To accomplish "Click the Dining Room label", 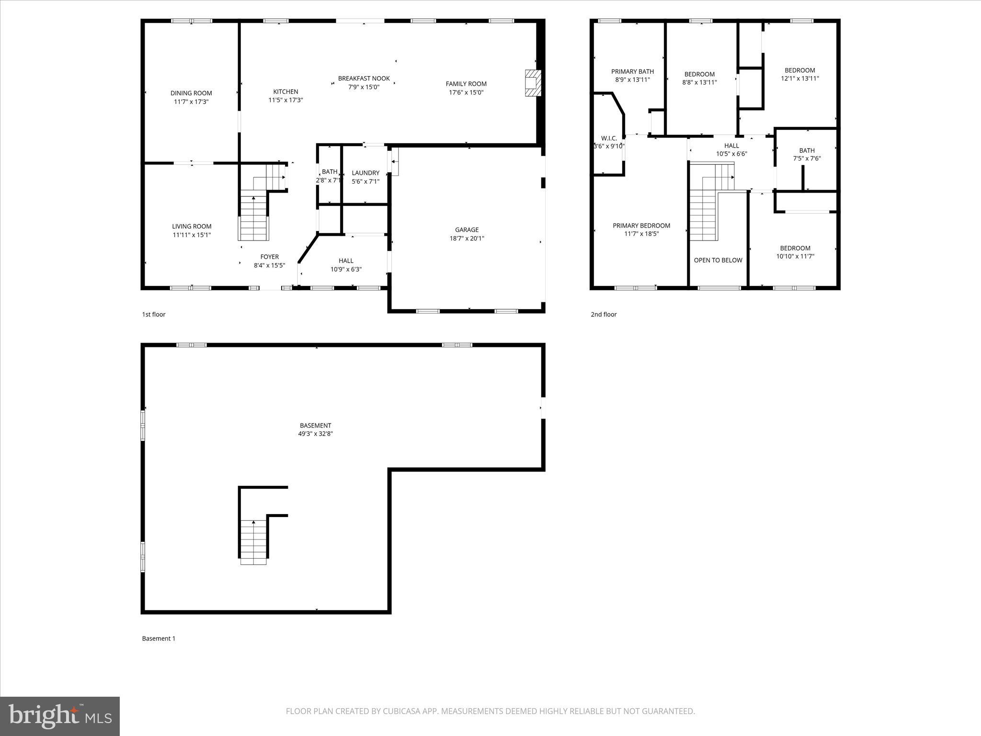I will pyautogui.click(x=191, y=93).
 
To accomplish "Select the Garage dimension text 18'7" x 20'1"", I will pyautogui.click(x=467, y=238).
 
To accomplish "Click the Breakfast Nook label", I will pyautogui.click(x=364, y=79).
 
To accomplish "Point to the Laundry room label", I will pyautogui.click(x=365, y=173).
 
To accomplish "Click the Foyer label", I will pyautogui.click(x=269, y=257).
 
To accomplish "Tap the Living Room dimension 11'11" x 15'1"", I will pyautogui.click(x=192, y=235).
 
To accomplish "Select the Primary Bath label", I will pyautogui.click(x=632, y=72).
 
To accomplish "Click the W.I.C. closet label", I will pyautogui.click(x=609, y=138).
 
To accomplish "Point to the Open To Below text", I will pyautogui.click(x=718, y=260).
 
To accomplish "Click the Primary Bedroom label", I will pyautogui.click(x=641, y=226).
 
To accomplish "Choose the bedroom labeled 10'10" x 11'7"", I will pyautogui.click(x=795, y=252).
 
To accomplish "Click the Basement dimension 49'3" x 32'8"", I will pyautogui.click(x=315, y=434).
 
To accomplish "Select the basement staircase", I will pyautogui.click(x=253, y=541).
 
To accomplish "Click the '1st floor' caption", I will pyautogui.click(x=153, y=314).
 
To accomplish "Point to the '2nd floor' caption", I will pyautogui.click(x=603, y=314).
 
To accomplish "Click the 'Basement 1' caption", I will pyautogui.click(x=159, y=638).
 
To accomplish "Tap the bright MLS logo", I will pyautogui.click(x=60, y=716).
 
